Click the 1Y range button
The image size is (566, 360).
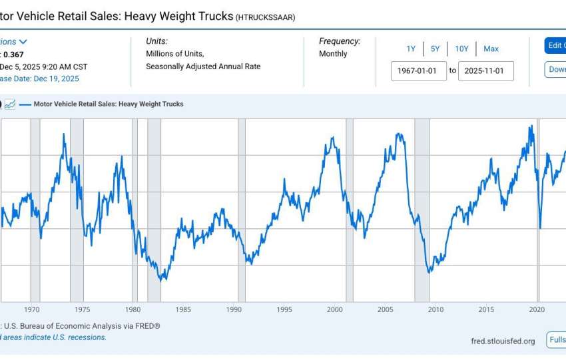tap(411, 49)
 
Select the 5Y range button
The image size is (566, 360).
tap(435, 49)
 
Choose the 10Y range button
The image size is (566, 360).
tap(461, 49)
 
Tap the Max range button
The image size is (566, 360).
tap(491, 49)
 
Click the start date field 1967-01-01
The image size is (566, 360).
tap(418, 70)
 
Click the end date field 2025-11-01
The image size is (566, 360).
tap(485, 70)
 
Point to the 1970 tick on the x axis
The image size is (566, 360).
tap(32, 309)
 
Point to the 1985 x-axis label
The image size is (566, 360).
tap(183, 309)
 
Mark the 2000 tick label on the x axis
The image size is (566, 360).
tap(334, 309)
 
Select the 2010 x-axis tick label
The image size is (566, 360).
tap(435, 309)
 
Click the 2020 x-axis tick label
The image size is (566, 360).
tap(537, 309)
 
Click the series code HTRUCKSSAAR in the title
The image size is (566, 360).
tap(265, 17)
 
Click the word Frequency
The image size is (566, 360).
tap(340, 41)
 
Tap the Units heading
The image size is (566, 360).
tap(156, 41)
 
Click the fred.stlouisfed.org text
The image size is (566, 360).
tap(502, 341)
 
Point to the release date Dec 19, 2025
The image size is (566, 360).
tap(56, 79)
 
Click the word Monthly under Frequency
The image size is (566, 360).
tap(333, 54)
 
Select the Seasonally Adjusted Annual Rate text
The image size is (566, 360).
tap(203, 67)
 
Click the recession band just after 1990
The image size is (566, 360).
tap(242, 210)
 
